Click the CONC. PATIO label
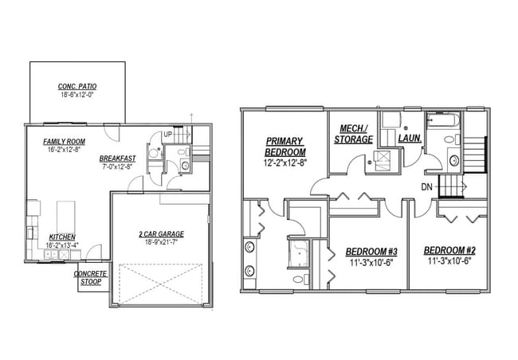pyautogui.click(x=77, y=85)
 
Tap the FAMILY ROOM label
pyautogui.click(x=66, y=140)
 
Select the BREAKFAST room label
pyautogui.click(x=117, y=158)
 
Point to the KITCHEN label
pyautogui.click(x=62, y=237)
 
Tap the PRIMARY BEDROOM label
pyautogui.click(x=285, y=147)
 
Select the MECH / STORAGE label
pyautogui.click(x=353, y=134)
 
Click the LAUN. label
pyautogui.click(x=409, y=139)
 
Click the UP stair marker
pyautogui.click(x=167, y=135)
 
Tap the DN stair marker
pyautogui.click(x=428, y=187)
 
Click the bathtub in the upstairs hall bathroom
pyautogui.click(x=444, y=123)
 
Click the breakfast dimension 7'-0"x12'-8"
pyautogui.click(x=118, y=167)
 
